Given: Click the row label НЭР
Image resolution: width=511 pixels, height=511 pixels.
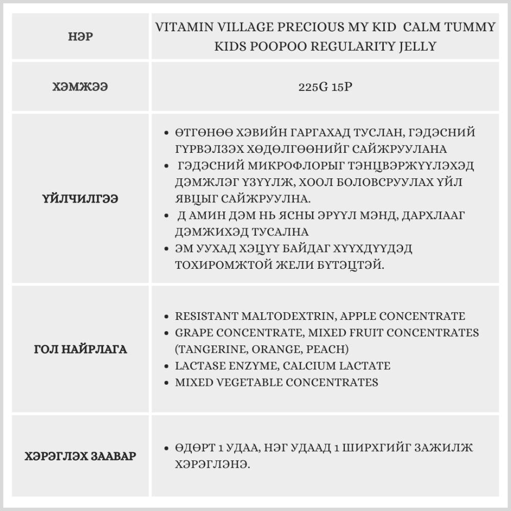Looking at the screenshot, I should tap(80, 37).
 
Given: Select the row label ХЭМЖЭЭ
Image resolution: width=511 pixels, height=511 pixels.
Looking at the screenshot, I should tap(80, 87).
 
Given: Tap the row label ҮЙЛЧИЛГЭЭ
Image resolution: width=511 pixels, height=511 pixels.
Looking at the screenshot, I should tap(80, 199).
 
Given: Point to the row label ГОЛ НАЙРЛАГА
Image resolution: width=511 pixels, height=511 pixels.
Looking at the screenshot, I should tap(80, 350).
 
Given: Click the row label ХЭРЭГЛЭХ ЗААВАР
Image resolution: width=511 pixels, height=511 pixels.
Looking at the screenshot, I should tap(80, 456).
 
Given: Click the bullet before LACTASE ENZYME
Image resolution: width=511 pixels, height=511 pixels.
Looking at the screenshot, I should tap(167, 366).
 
